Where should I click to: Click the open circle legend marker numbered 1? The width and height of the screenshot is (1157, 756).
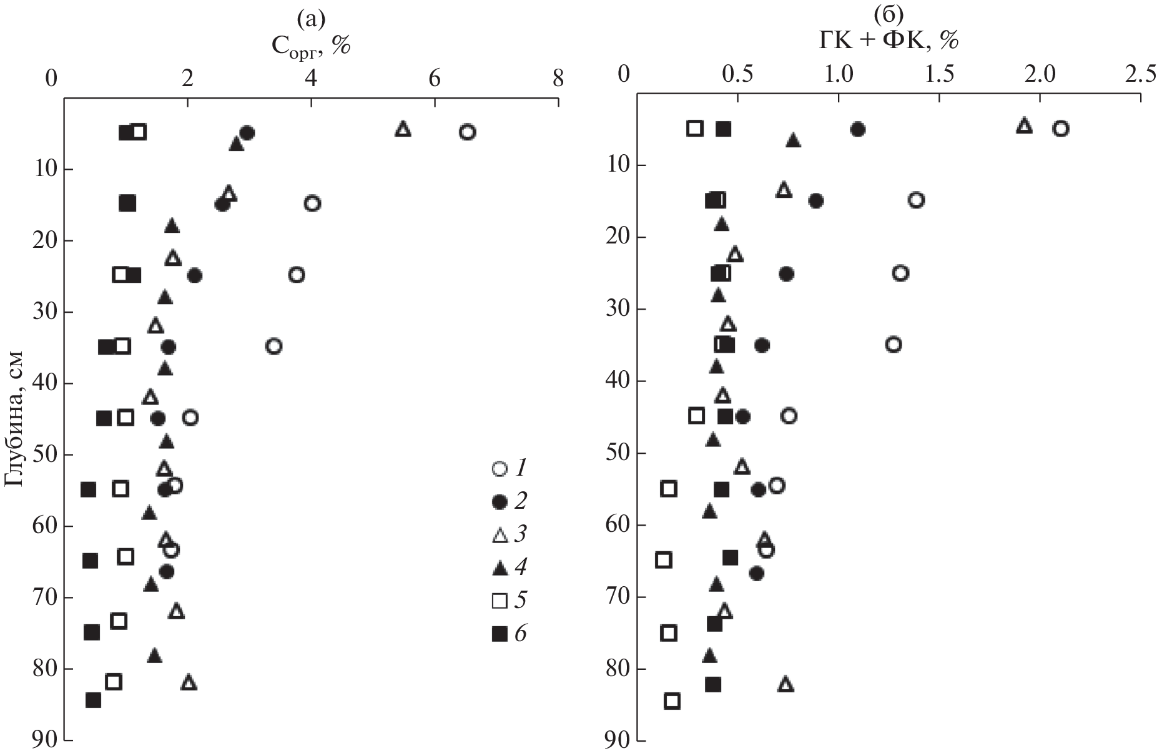coord(499,469)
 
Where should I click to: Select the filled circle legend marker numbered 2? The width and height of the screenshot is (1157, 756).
coord(499,501)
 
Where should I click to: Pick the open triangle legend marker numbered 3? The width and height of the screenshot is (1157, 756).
coord(499,534)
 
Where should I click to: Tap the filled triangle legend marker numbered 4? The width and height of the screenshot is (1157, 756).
coord(499,567)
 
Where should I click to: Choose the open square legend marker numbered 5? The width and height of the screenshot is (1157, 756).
coord(499,601)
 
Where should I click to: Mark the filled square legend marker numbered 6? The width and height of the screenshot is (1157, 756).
coord(499,634)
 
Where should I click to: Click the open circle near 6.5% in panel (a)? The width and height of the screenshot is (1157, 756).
coord(467,132)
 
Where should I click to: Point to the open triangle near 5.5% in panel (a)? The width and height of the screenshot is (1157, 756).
coord(403,129)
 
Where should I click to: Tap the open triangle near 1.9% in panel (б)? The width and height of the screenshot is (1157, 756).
coord(1023,125)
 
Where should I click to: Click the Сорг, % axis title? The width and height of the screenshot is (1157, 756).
coord(310,45)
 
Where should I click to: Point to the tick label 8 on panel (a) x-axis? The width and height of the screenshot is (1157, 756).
coord(558,79)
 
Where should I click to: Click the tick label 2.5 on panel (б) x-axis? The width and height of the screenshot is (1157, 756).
coord(1140,74)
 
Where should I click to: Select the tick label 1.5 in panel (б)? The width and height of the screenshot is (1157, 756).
coord(939,74)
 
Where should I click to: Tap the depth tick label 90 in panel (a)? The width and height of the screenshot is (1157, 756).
coord(42,741)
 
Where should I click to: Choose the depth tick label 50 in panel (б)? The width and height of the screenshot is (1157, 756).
coord(618,453)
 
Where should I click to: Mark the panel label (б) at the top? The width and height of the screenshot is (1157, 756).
coord(888,13)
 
